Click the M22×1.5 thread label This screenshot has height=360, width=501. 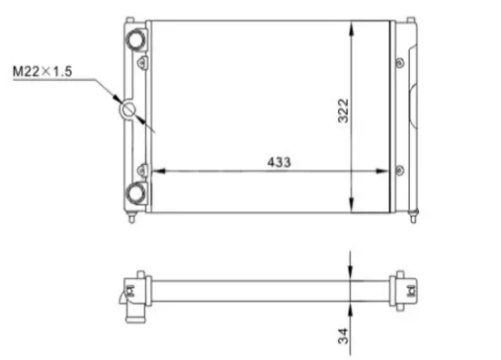coord(44,70)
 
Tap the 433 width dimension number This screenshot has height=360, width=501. coord(278,161)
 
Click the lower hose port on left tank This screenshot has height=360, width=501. coord(137,192)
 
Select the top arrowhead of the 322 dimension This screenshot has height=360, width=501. coord(353,27)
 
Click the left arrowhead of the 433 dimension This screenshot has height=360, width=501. coord(156,170)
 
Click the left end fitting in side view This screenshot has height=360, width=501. coord(133,292)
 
